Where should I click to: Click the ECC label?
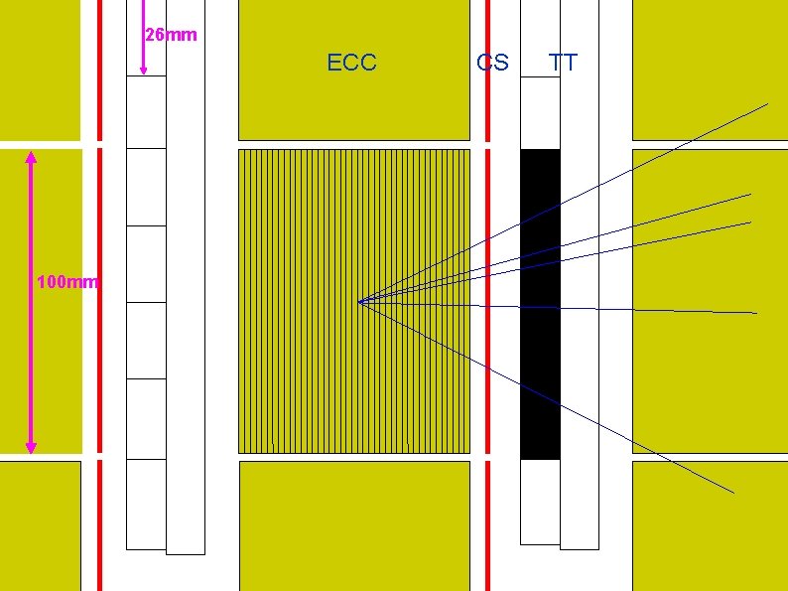click(351, 63)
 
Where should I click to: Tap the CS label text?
click(492, 63)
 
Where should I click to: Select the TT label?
click(563, 63)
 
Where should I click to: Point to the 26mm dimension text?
click(171, 36)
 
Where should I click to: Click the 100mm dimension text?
click(67, 282)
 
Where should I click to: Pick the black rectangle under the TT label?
click(540, 304)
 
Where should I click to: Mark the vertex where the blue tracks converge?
click(358, 302)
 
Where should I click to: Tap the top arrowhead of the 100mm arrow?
click(31, 157)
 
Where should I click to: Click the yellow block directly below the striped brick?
click(353, 525)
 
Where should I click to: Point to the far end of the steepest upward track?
click(767, 103)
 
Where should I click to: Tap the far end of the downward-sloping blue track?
click(733, 492)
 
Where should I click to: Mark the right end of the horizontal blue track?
click(756, 313)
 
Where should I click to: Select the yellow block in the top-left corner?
click(40, 70)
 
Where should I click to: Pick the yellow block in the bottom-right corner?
click(710, 525)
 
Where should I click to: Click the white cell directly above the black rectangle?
click(540, 113)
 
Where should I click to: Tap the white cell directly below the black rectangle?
click(540, 502)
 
